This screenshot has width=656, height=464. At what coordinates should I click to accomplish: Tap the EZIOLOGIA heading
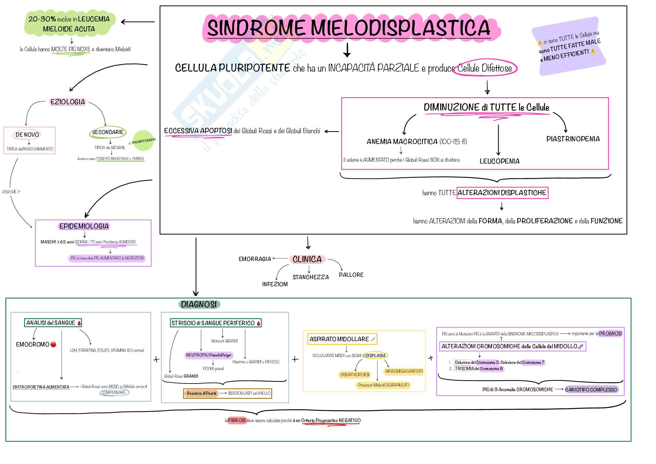click(68, 102)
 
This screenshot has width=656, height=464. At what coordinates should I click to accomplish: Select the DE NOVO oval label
click(27, 135)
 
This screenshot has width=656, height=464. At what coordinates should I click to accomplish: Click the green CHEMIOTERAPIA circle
click(143, 141)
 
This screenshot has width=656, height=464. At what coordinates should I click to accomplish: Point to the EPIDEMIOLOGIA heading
click(84, 226)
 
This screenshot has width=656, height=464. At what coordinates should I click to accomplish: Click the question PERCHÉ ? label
click(11, 192)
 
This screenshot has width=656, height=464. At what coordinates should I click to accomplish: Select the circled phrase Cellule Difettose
click(485, 68)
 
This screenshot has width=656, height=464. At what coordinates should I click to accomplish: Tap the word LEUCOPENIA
click(499, 161)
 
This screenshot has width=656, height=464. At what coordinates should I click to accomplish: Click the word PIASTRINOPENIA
click(573, 139)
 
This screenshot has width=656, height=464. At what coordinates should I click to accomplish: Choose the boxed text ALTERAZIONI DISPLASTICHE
click(502, 193)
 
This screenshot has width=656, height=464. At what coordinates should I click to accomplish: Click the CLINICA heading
click(307, 259)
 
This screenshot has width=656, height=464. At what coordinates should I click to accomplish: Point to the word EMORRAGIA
click(255, 259)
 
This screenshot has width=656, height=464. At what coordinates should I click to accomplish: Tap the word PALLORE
click(351, 275)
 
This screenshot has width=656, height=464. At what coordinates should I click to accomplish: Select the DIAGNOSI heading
click(199, 304)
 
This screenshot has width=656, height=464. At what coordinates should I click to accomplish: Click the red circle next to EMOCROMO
click(53, 344)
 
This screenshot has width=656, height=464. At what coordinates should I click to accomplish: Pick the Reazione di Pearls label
click(202, 393)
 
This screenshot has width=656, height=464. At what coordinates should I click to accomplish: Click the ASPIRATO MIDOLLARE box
click(342, 339)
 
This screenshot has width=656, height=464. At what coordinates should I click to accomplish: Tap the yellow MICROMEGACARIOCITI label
click(404, 371)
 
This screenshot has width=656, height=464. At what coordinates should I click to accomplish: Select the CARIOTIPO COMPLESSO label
click(591, 390)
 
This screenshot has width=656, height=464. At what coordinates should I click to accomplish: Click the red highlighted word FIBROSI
click(237, 420)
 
